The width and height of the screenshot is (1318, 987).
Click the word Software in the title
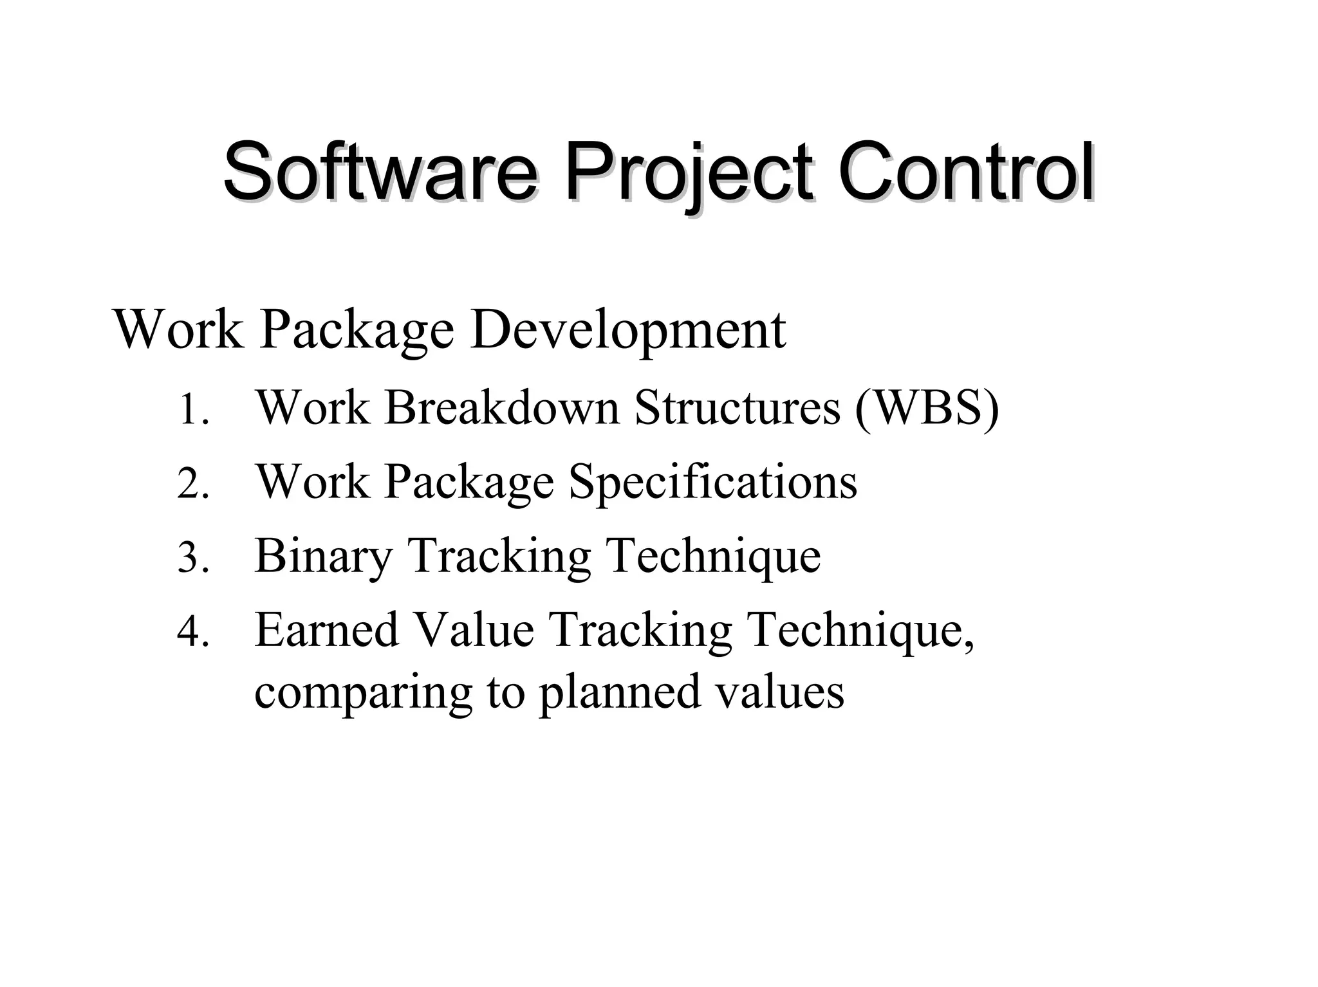pos(380,172)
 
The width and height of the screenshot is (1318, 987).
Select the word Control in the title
pos(965,172)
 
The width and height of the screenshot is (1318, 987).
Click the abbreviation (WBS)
pos(927,409)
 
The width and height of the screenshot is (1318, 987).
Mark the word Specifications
pos(712,483)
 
